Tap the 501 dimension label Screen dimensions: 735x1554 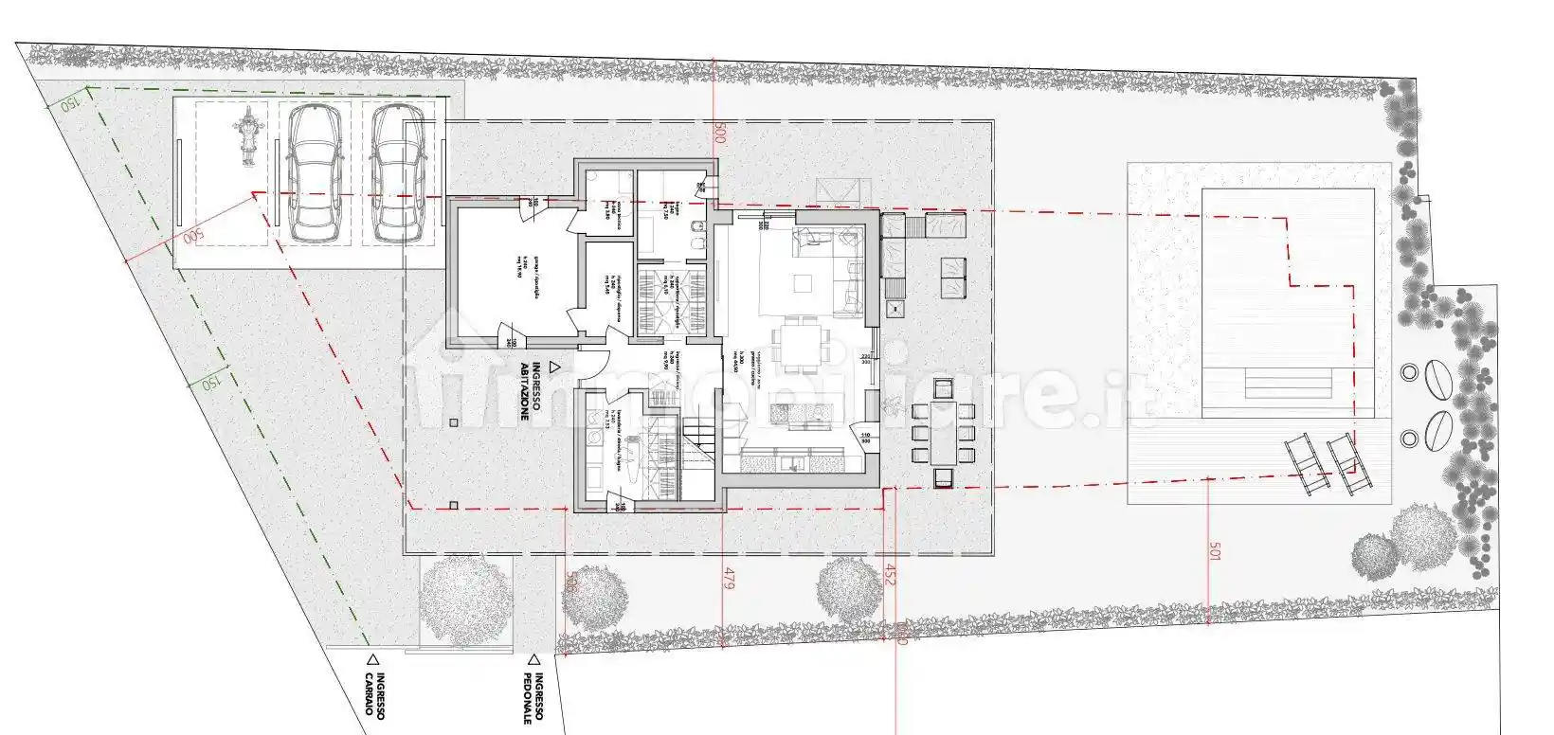(x=1217, y=552)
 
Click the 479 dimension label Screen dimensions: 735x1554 (x=729, y=579)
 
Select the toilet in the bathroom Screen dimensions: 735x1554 (x=698, y=247)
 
